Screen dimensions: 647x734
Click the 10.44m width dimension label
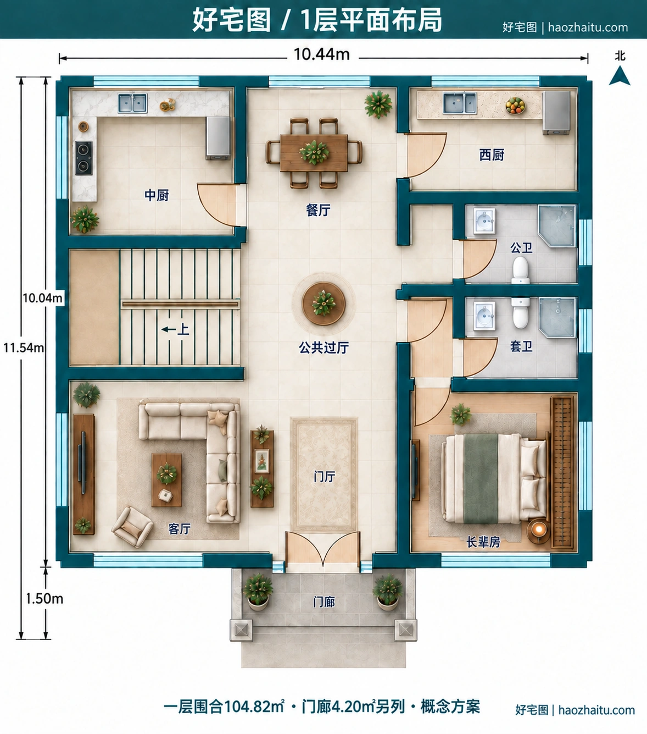[x=322, y=54]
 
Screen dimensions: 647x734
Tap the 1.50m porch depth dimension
[x=44, y=599]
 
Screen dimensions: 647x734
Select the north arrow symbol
[x=620, y=75]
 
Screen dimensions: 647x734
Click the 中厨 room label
[x=157, y=195]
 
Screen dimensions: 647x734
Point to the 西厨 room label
[x=492, y=155]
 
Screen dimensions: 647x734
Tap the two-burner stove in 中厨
[x=83, y=158]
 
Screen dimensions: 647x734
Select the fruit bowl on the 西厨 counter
[x=515, y=106]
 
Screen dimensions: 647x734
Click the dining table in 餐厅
[x=314, y=152]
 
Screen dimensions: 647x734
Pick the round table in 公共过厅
[x=323, y=303]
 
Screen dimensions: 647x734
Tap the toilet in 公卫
[x=521, y=271]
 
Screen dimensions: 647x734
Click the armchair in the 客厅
[x=132, y=527]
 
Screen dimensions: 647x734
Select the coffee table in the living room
[x=167, y=480]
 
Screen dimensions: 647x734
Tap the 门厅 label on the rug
[x=324, y=477]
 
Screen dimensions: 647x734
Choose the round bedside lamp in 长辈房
[x=539, y=530]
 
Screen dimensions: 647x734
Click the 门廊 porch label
[x=324, y=602]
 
